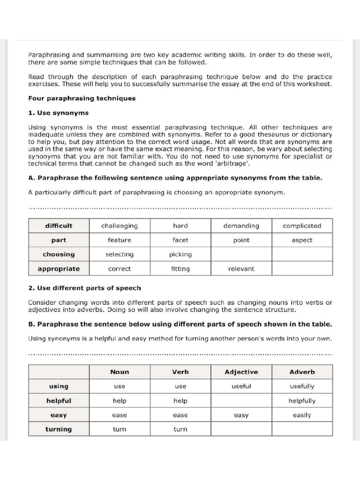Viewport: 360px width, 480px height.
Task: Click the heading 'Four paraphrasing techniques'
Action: [x=82, y=98]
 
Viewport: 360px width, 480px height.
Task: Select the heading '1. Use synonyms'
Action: [x=58, y=113]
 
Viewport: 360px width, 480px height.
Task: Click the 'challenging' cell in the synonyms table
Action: [x=120, y=226]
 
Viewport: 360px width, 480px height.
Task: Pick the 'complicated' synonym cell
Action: [x=302, y=226]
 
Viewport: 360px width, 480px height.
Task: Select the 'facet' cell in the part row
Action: [x=180, y=240]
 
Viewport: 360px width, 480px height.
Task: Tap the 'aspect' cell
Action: [x=302, y=240]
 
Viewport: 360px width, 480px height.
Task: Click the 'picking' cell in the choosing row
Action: [x=180, y=255]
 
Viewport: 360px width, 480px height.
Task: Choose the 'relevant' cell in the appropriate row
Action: [x=241, y=269]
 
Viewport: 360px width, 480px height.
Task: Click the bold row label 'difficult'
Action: [x=59, y=226]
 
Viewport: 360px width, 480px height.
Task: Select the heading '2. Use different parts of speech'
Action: [x=84, y=288]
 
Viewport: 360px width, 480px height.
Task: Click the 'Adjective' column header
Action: [x=241, y=372]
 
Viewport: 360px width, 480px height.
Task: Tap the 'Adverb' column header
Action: [x=302, y=372]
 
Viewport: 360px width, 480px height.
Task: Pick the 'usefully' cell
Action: [x=302, y=387]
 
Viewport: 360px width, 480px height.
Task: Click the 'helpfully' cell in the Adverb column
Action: [x=302, y=401]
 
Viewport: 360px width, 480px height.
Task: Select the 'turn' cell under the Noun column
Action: [x=120, y=429]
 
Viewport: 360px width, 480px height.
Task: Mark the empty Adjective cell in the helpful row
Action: [x=241, y=401]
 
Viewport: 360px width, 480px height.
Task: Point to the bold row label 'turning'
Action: [x=59, y=429]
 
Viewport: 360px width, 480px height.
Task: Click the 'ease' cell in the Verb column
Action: [x=180, y=415]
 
